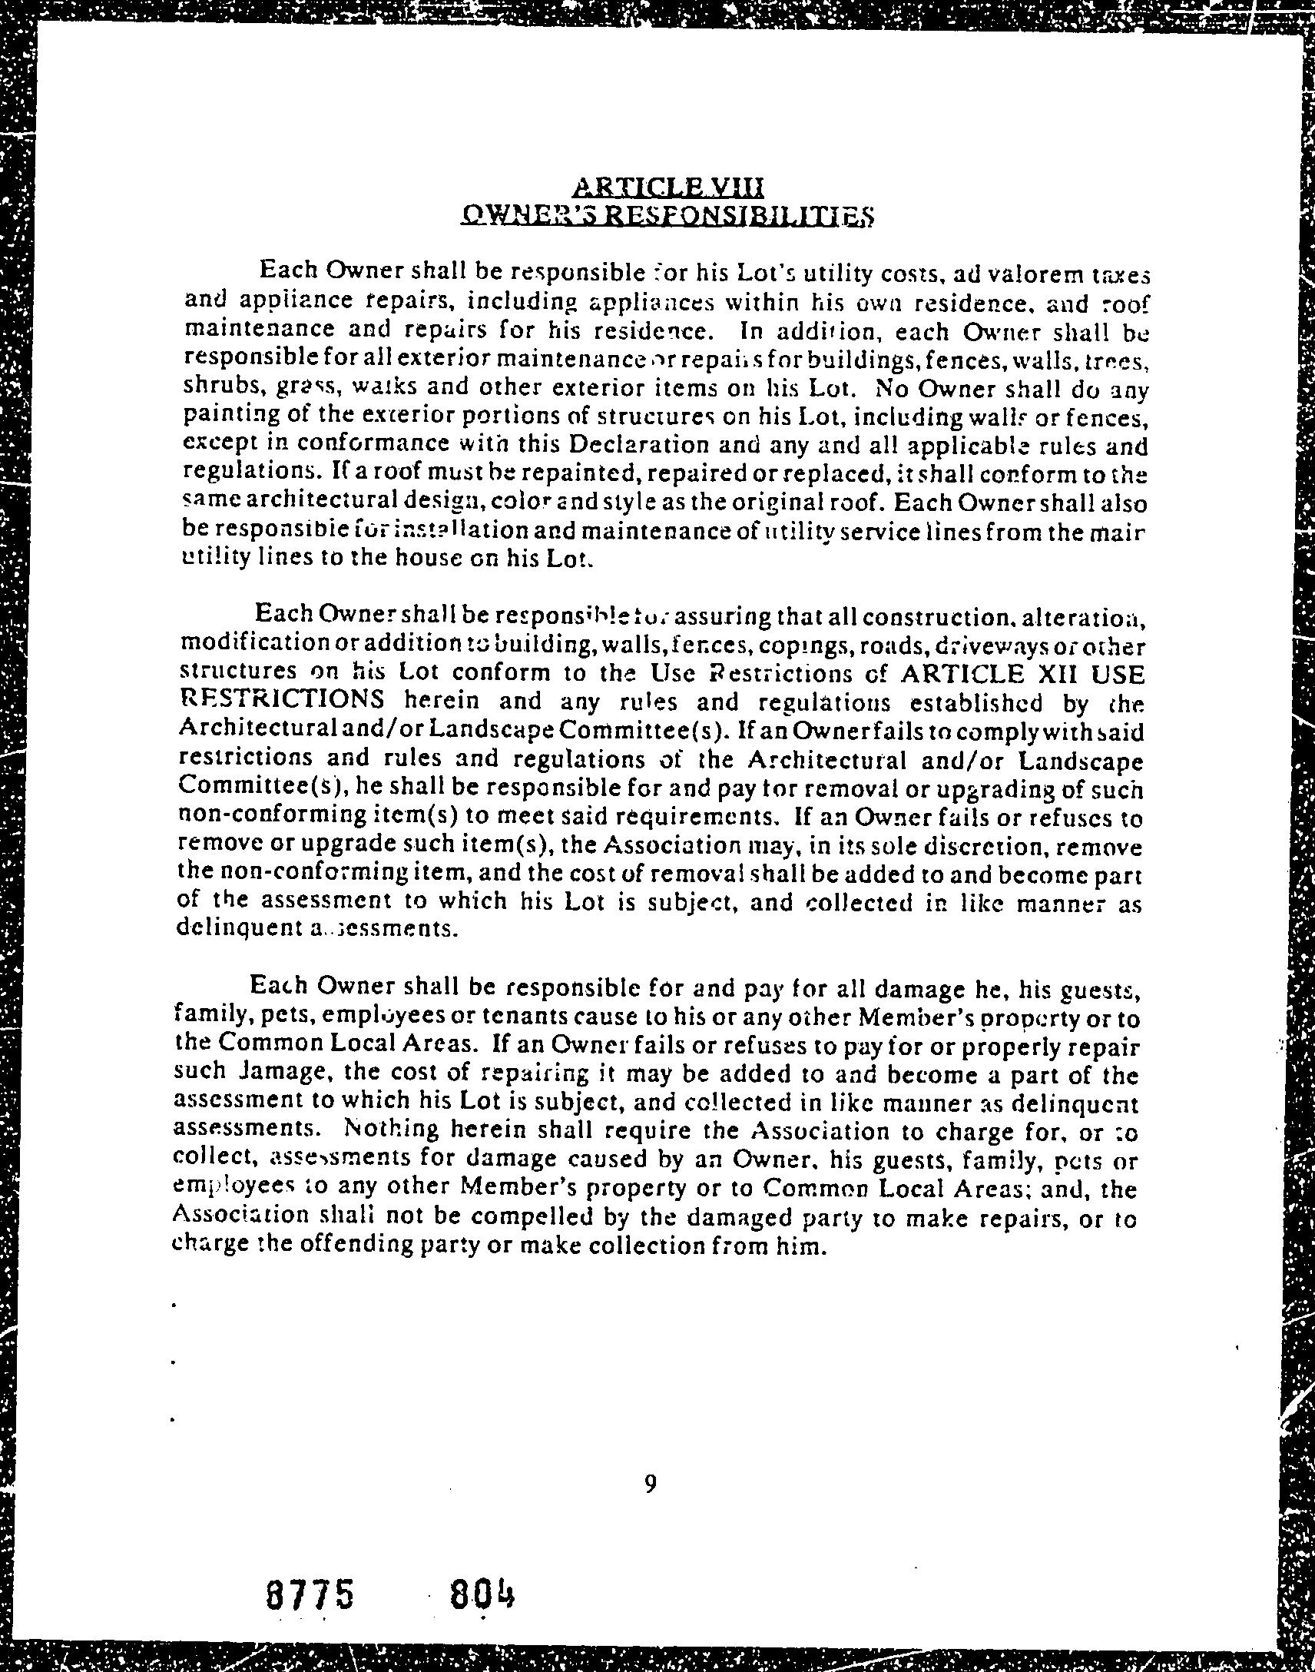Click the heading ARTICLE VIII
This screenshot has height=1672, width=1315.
[x=668, y=187]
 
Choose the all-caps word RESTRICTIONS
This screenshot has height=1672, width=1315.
[x=282, y=700]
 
